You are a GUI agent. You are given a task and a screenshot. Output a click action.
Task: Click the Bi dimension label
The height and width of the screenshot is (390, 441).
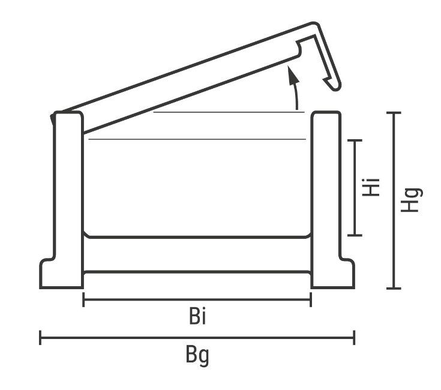pos(197,316)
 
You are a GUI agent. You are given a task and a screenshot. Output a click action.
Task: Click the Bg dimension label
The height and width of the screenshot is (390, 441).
pos(197,356)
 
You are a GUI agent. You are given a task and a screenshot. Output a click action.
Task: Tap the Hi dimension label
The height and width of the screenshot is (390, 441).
pos(371,187)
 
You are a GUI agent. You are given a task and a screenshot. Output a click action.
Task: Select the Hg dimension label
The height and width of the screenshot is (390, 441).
pos(411,200)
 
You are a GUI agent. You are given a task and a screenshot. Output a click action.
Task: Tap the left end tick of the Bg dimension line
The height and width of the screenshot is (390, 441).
pos(40,337)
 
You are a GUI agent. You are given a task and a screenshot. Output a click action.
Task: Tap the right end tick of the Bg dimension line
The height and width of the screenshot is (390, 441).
pos(354,337)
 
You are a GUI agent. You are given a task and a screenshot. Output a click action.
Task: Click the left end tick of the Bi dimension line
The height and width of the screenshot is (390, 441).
pos(83,299)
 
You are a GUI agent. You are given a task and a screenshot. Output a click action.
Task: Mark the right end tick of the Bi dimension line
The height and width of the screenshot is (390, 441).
pos(311,299)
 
